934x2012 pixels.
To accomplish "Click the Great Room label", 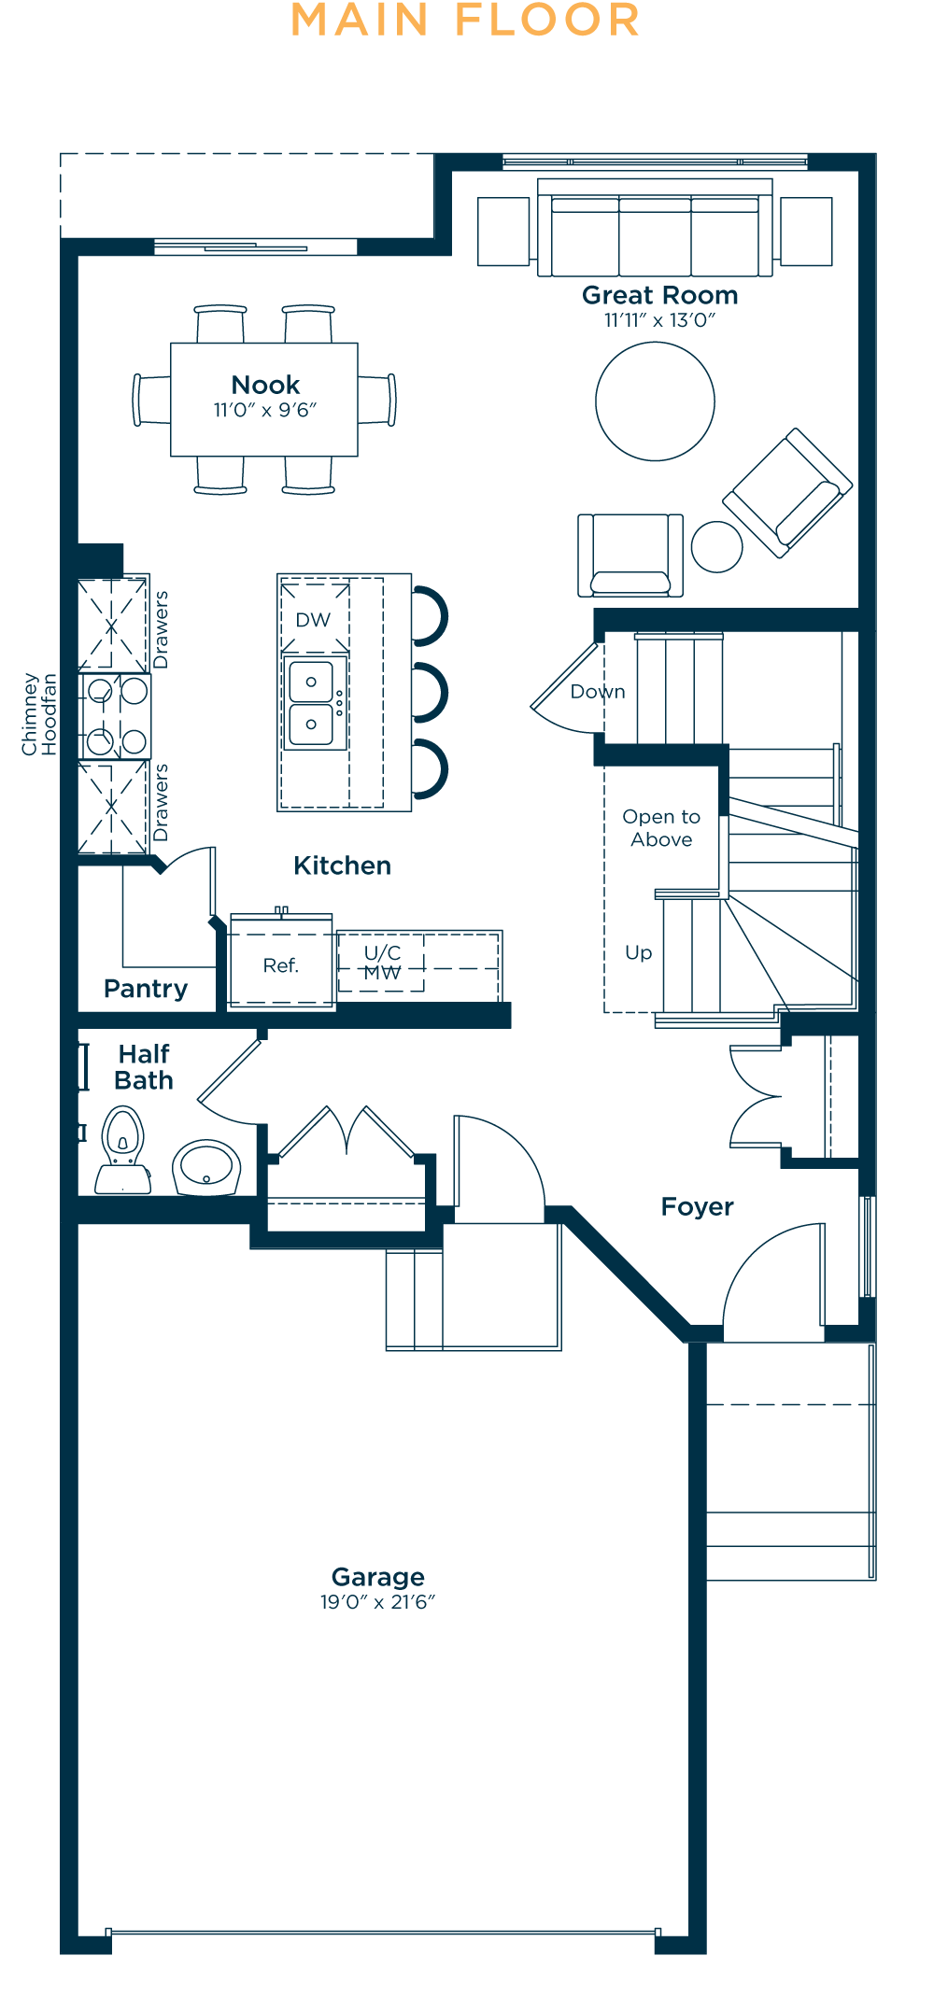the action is click(659, 295).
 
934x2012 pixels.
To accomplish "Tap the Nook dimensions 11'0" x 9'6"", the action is click(265, 410).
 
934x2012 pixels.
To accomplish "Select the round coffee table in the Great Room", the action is click(655, 401).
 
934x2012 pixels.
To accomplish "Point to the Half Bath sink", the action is click(206, 1167).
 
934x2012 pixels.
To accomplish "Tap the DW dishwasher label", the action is click(313, 620).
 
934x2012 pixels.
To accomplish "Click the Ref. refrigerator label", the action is click(280, 965).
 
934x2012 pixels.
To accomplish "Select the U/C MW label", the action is click(382, 963).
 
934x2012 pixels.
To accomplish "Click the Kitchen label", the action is click(342, 865).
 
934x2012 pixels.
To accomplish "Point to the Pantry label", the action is click(146, 989).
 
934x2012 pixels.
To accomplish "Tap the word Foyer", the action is click(697, 1206).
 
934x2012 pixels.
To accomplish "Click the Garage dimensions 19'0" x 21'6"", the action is click(377, 1602).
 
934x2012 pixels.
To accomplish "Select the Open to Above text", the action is click(661, 828).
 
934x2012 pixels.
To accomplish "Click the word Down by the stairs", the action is click(598, 692).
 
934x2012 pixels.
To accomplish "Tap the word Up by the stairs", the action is click(639, 953).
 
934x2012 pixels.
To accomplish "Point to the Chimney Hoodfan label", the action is click(39, 714).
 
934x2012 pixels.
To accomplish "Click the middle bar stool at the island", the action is click(431, 693).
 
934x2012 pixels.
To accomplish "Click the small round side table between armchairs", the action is click(716, 546).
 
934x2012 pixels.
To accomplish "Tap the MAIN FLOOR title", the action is click(465, 20).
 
